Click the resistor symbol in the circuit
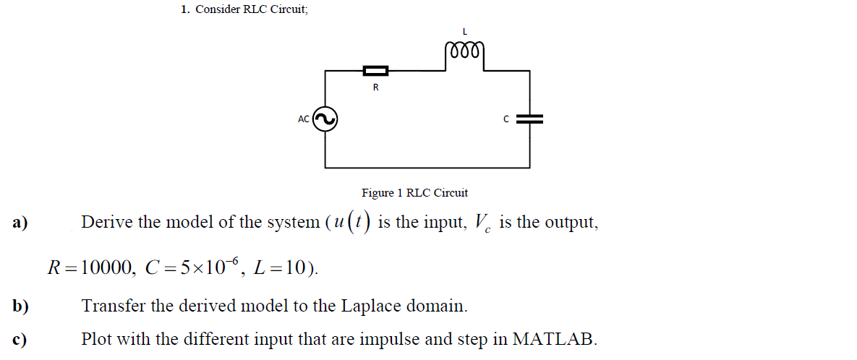click(x=375, y=70)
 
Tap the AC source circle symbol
click(x=324, y=119)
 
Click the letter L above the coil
click(x=464, y=31)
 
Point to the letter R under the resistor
click(x=375, y=87)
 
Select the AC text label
click(x=303, y=119)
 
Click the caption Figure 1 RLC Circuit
click(x=414, y=193)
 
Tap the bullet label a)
click(x=20, y=223)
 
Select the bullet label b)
click(x=20, y=306)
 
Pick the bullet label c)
click(x=20, y=338)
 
